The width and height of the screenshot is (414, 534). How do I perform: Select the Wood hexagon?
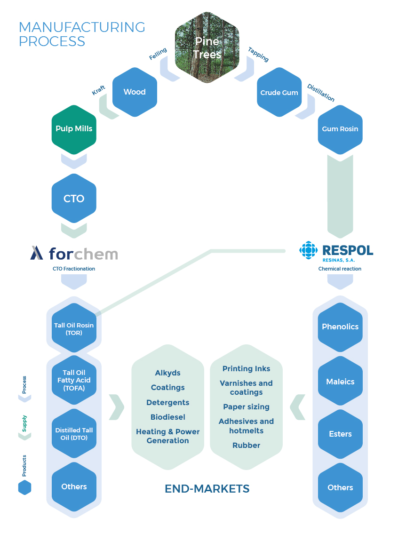135,92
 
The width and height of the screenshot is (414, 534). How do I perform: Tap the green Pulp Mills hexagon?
74,129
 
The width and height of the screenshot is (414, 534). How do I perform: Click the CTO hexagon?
74,199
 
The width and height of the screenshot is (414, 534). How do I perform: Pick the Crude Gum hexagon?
279,92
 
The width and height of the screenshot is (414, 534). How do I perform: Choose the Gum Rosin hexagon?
340,129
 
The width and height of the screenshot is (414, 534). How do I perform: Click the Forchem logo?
74,254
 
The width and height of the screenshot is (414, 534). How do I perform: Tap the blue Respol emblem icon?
309,250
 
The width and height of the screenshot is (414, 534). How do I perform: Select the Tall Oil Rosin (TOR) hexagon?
74,328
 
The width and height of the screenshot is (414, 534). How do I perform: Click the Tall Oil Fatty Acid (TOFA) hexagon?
74,380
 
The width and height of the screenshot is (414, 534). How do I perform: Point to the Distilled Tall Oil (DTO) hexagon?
74,434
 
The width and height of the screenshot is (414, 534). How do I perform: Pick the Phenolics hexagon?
340,327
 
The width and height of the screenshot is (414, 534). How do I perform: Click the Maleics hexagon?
340,382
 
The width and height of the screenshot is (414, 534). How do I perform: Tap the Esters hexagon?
340,434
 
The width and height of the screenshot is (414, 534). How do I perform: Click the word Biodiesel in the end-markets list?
168,417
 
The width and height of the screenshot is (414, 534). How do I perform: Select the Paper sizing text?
246,407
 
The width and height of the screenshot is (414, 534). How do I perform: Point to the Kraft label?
98,91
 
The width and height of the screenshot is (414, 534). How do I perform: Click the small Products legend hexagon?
24,487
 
